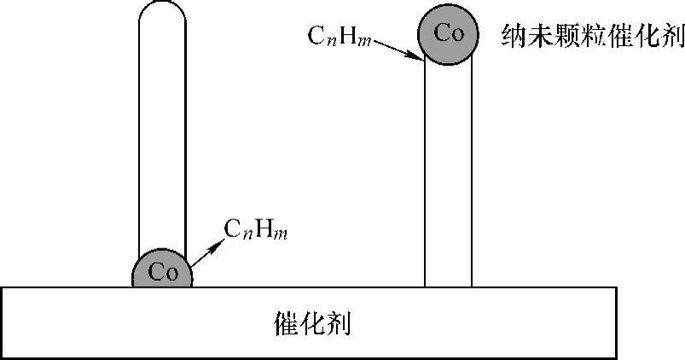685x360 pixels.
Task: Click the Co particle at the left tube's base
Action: (161, 272)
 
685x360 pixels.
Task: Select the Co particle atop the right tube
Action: (448, 34)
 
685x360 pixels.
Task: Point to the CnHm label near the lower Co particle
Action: (255, 229)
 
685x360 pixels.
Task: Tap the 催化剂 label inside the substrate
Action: (313, 323)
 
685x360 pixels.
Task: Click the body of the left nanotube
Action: (162, 136)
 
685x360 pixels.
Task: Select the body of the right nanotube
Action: (448, 171)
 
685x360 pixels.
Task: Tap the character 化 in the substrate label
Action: (313, 323)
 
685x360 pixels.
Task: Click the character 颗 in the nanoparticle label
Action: (568, 35)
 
